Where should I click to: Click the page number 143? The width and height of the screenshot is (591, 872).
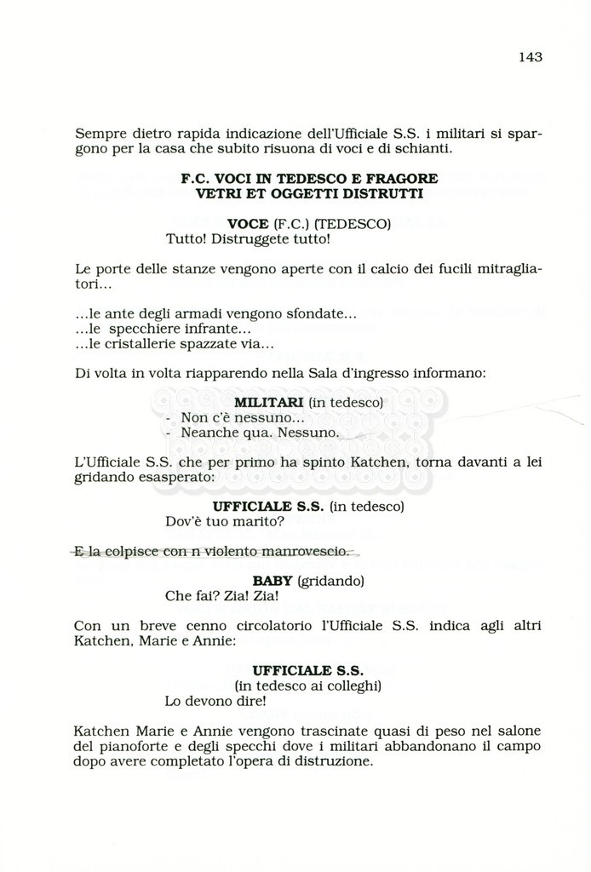click(529, 57)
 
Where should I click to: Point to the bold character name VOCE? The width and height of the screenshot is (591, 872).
click(247, 224)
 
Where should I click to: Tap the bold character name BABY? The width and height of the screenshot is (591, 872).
click(273, 581)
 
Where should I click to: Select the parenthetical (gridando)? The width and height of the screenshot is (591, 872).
click(331, 581)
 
